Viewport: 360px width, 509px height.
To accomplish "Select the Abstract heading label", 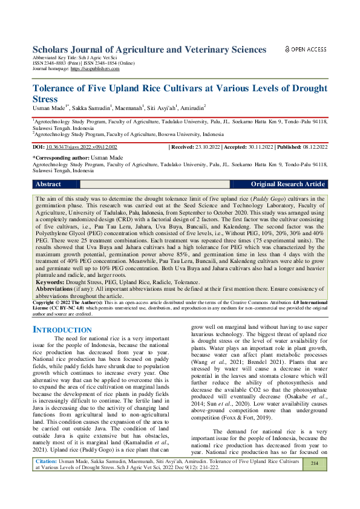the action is click(48, 184).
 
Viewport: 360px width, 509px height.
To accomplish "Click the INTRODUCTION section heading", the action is click(61, 330).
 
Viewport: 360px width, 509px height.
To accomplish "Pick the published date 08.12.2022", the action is click(313, 147).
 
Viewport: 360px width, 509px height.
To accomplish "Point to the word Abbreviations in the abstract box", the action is click(59, 289).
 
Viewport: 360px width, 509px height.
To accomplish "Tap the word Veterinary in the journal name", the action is click(209, 49).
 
